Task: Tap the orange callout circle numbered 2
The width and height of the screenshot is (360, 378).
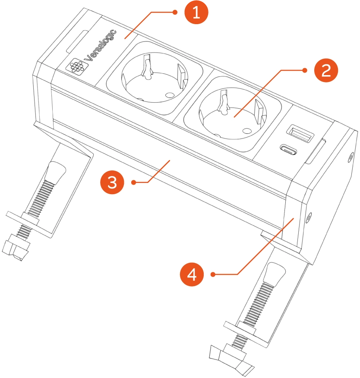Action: tap(326, 71)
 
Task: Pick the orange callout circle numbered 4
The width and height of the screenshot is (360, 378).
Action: tap(192, 274)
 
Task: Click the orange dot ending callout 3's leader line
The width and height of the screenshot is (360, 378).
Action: tap(134, 183)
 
